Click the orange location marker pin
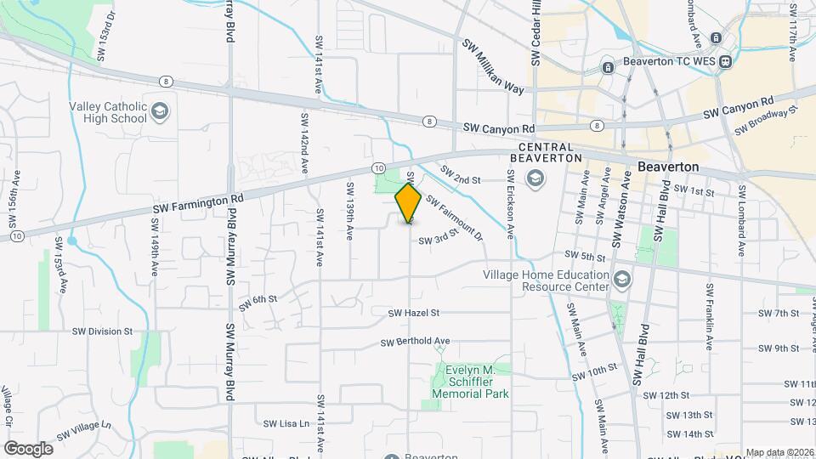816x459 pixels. coord(409,203)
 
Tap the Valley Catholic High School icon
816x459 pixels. coord(159,111)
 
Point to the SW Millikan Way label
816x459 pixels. coord(493,65)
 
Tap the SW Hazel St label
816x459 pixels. coord(413,313)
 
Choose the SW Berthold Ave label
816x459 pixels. coord(415,342)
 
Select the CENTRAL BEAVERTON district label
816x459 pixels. coord(545,152)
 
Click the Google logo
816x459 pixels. coord(28,448)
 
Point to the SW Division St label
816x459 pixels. coord(102,331)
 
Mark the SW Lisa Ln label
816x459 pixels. coord(286,423)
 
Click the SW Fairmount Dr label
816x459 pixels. coord(454,218)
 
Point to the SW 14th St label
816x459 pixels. coord(689,434)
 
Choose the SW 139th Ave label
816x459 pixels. coord(349,210)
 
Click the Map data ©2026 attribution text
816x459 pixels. coord(778,452)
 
